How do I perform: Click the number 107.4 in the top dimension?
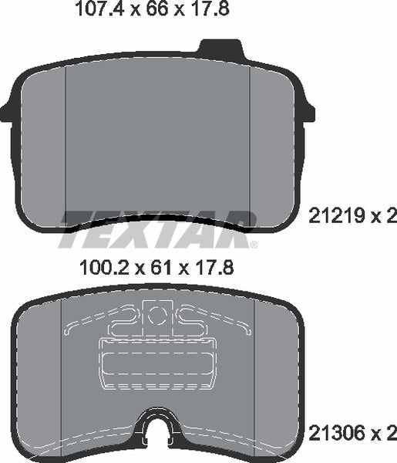coord(95,11)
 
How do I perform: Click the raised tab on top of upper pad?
coord(220,49)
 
